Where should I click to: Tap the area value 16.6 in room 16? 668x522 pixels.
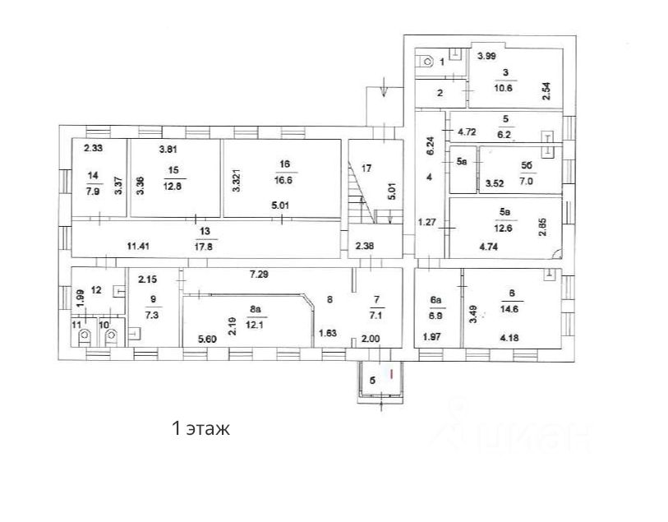point(286,177)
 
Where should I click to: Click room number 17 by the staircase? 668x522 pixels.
point(366,169)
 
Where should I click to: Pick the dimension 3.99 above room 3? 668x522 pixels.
point(486,57)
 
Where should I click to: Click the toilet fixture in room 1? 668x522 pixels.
point(427,62)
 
